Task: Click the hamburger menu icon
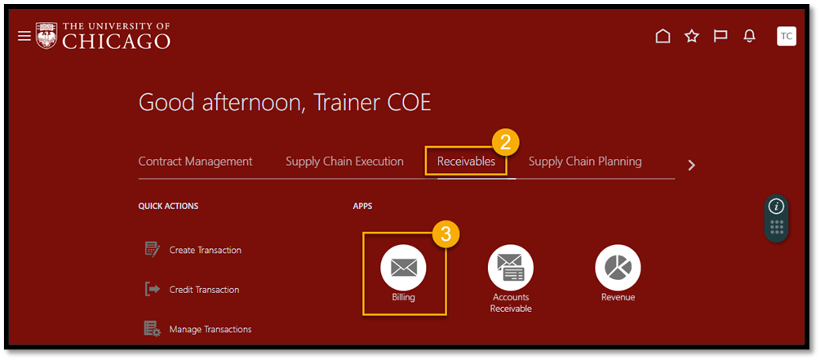[x=24, y=36]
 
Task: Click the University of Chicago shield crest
[x=47, y=36]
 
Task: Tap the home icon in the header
[x=663, y=36]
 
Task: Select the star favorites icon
[x=692, y=36]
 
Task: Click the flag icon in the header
[x=720, y=36]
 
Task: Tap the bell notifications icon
[x=749, y=36]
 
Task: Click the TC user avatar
[x=786, y=36]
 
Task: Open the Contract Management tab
[x=195, y=162]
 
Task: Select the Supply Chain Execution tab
[x=344, y=162]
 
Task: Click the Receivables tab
[x=466, y=162]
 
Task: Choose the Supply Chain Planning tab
[x=585, y=162]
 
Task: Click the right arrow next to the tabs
[x=692, y=166]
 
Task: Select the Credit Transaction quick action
[x=191, y=289]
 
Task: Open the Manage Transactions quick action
[x=197, y=329]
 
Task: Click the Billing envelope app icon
[x=403, y=268]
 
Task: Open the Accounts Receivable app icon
[x=511, y=268]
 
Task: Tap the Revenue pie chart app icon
[x=618, y=268]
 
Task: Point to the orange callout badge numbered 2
[x=505, y=142]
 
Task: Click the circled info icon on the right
[x=776, y=207]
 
